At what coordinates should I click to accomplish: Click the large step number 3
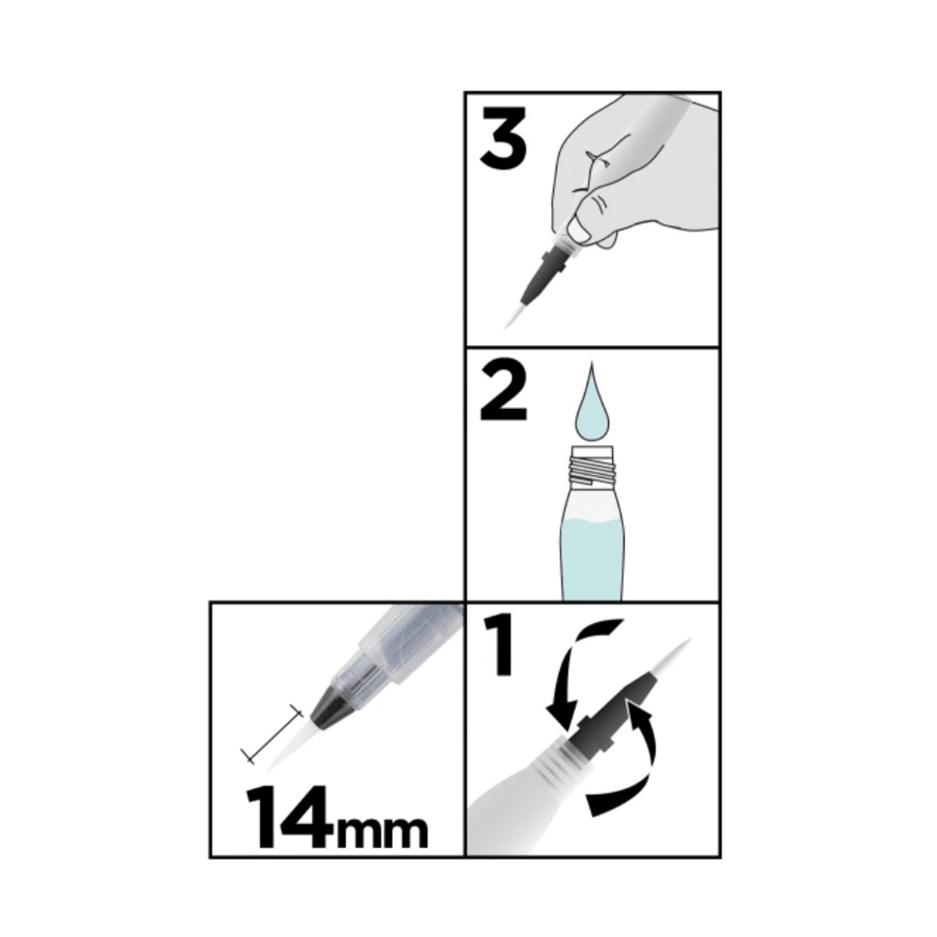503,137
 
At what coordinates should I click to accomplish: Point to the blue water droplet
591,403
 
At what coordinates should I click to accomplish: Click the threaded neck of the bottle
593,466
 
